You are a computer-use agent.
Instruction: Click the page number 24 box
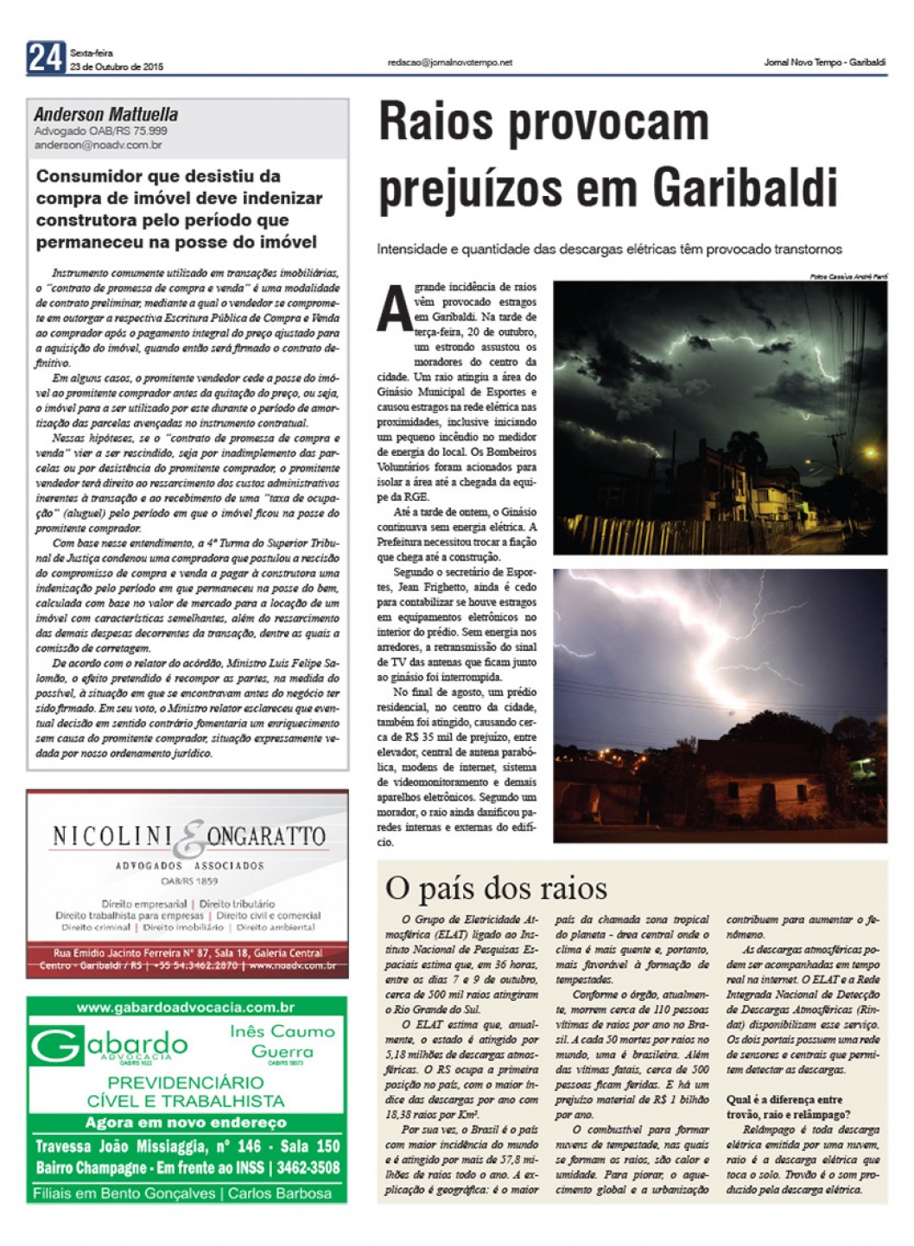click(46, 58)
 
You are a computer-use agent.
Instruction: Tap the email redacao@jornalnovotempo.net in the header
click(449, 62)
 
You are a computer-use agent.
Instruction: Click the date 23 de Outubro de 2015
click(116, 66)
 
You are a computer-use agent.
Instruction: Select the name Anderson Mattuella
click(106, 114)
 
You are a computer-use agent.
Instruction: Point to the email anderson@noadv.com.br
click(98, 145)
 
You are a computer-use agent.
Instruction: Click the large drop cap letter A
click(394, 309)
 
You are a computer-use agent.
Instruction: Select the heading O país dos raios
click(496, 888)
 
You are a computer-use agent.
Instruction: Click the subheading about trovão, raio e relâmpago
click(788, 1107)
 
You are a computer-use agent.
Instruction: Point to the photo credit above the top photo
click(847, 276)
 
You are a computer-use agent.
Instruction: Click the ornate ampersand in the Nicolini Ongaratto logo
click(194, 839)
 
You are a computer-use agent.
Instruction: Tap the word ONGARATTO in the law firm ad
click(266, 836)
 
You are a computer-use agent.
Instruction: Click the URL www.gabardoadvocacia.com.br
click(186, 1007)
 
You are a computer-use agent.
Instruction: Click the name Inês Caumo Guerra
click(282, 1040)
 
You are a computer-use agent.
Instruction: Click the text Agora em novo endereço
click(186, 1123)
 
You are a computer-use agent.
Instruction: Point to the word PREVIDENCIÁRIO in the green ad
click(186, 1082)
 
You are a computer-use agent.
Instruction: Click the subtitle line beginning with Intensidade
click(609, 249)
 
